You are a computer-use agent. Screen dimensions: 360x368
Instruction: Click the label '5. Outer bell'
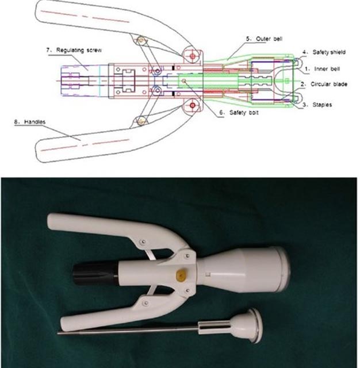click(264, 39)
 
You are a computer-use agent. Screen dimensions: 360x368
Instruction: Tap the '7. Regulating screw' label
click(74, 51)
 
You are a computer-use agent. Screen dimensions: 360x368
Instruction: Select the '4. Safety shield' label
click(324, 52)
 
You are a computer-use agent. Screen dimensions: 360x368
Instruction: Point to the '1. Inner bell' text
click(322, 69)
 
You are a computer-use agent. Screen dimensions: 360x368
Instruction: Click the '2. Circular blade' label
click(324, 85)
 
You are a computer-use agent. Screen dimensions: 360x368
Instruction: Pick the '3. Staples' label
click(317, 105)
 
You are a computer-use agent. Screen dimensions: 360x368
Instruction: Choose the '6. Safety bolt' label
click(239, 113)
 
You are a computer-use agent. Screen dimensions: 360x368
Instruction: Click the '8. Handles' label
click(30, 122)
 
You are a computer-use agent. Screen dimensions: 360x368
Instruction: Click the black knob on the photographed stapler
click(95, 274)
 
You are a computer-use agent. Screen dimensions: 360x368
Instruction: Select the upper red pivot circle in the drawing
click(193, 56)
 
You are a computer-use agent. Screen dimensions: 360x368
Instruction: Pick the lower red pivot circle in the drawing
click(193, 105)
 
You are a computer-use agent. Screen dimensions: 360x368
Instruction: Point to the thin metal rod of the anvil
click(128, 331)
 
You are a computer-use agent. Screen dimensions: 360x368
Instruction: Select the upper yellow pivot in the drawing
click(141, 40)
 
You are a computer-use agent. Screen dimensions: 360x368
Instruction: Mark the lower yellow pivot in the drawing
click(141, 121)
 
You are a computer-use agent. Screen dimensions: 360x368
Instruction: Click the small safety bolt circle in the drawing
click(184, 81)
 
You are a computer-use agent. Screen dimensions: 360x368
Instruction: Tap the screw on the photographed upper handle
click(143, 241)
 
